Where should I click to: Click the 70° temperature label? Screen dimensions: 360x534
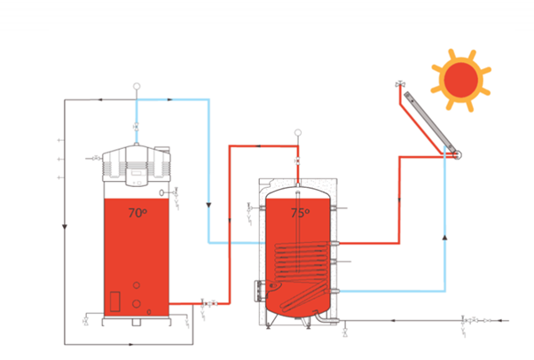[137, 213]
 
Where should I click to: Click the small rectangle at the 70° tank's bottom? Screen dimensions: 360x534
[114, 301]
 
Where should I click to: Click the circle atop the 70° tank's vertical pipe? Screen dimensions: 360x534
[137, 87]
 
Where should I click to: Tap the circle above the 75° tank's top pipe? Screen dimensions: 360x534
[298, 134]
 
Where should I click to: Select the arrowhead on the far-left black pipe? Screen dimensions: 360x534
[65, 227]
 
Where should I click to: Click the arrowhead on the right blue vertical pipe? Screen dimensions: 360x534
[444, 238]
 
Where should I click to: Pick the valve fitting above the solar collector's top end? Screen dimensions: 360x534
[399, 85]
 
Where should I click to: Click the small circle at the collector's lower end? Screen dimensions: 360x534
[457, 154]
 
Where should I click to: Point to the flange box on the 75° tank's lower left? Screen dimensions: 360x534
[260, 288]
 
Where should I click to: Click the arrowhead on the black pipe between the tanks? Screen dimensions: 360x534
[208, 205]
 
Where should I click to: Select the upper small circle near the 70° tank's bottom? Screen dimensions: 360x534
[137, 286]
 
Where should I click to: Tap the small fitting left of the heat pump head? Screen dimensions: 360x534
[95, 158]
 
